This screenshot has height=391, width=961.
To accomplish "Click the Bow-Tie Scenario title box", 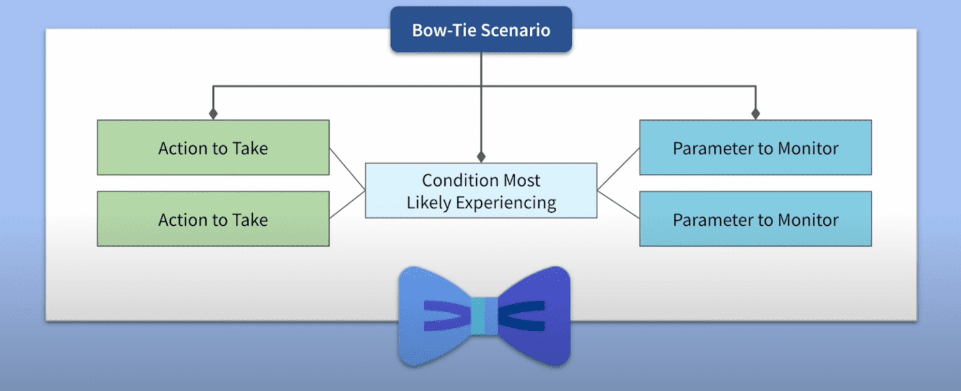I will [480, 29].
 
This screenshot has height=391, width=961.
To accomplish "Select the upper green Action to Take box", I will [213, 148].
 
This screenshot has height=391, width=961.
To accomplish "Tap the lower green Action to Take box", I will [213, 219].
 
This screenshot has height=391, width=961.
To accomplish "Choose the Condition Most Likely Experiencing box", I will [480, 191].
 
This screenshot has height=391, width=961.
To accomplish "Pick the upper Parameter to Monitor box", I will [755, 148].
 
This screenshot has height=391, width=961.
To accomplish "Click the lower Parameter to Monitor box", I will [755, 219].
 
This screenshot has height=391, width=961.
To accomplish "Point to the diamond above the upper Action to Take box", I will [213, 114].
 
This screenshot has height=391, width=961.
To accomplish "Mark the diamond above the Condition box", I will [480, 156].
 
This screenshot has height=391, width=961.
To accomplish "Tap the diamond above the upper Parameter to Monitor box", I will [755, 114].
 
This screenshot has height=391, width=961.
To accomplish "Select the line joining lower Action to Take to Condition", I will [347, 204].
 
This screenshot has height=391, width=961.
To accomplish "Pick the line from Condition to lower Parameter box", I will [618, 204].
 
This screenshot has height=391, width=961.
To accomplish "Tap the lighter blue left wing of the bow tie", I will [432, 300].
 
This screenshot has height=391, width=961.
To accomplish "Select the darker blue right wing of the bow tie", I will [538, 300].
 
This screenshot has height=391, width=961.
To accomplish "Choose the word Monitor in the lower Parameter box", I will [808, 220].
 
